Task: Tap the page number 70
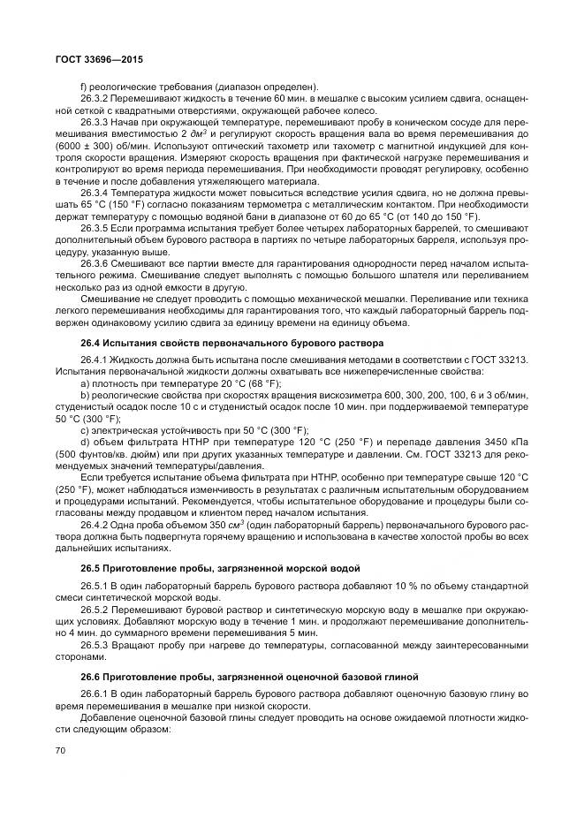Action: [x=62, y=751]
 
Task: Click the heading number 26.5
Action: [x=91, y=568]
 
